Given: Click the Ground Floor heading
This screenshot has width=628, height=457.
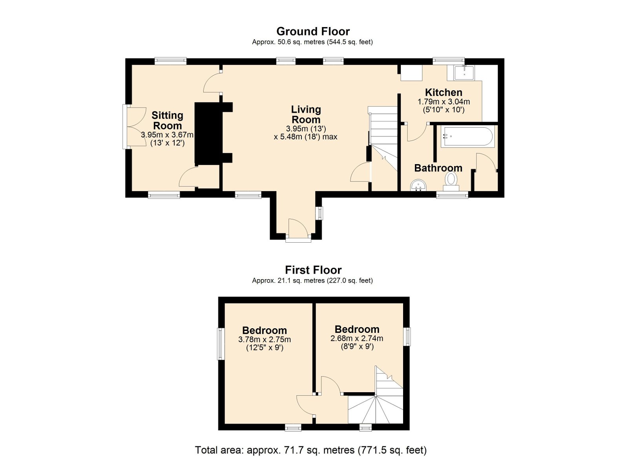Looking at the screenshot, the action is tap(313, 31).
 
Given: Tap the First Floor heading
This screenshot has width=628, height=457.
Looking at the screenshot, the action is tap(313, 270).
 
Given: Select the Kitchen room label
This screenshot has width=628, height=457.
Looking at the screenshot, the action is tap(444, 92).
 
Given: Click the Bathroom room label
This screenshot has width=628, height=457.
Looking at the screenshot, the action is tap(438, 168).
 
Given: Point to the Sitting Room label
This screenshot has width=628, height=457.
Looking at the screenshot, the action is tap(167, 120).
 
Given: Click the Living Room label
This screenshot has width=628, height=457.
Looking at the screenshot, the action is tap(306, 114).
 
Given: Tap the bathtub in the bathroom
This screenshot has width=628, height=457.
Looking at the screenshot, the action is tap(467, 136).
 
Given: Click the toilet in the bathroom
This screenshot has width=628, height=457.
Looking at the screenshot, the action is tap(451, 181).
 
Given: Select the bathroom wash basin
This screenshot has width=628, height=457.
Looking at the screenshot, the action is tap(418, 185).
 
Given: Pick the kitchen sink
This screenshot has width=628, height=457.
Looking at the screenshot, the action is tap(464, 73).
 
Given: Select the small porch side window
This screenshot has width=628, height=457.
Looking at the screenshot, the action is tap(319, 213).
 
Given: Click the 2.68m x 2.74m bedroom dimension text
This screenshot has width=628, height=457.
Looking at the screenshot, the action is tap(357, 338).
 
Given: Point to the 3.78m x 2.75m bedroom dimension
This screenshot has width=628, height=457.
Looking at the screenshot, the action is tap(265, 340).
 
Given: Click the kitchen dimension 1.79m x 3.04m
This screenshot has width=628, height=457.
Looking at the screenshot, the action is tap(444, 102).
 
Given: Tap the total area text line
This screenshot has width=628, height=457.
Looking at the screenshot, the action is tap(310, 442).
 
